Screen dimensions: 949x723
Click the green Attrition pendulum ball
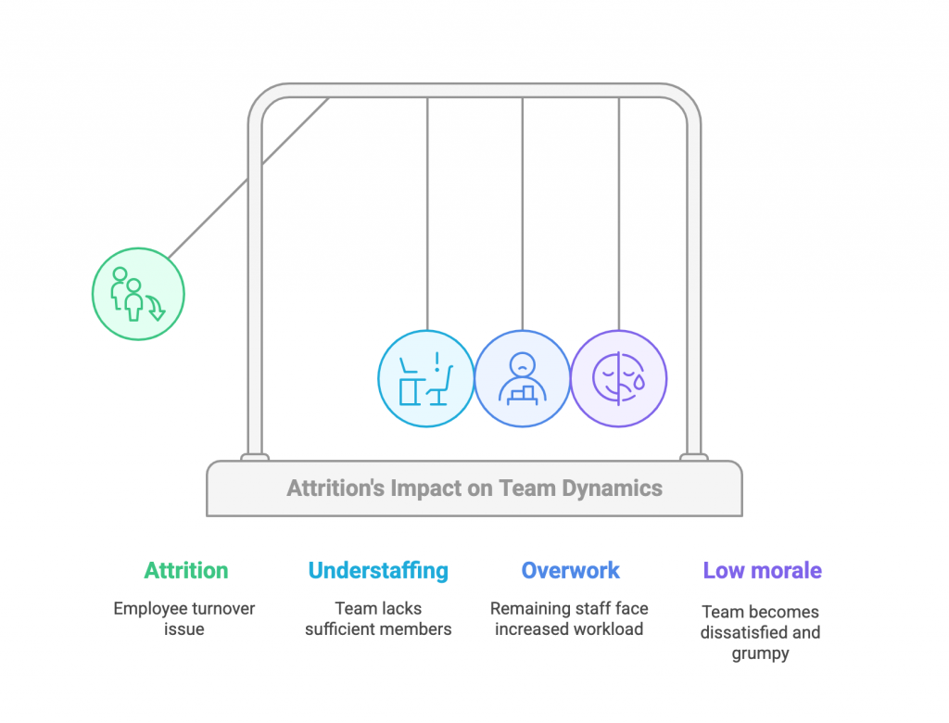(138, 294)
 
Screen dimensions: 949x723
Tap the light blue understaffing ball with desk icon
(426, 378)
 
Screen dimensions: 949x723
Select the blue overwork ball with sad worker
(523, 378)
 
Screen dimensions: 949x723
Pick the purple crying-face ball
(618, 378)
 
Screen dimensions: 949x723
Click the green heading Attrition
(185, 570)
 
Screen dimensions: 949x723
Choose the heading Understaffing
(378, 571)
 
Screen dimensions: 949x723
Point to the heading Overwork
(570, 570)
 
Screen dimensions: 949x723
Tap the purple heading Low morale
(762, 570)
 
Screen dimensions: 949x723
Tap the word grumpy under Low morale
(760, 654)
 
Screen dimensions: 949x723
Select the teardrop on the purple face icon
(639, 381)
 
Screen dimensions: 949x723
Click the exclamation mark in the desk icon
(437, 362)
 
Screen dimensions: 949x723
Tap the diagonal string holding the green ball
(248, 178)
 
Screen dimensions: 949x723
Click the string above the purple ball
(618, 214)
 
